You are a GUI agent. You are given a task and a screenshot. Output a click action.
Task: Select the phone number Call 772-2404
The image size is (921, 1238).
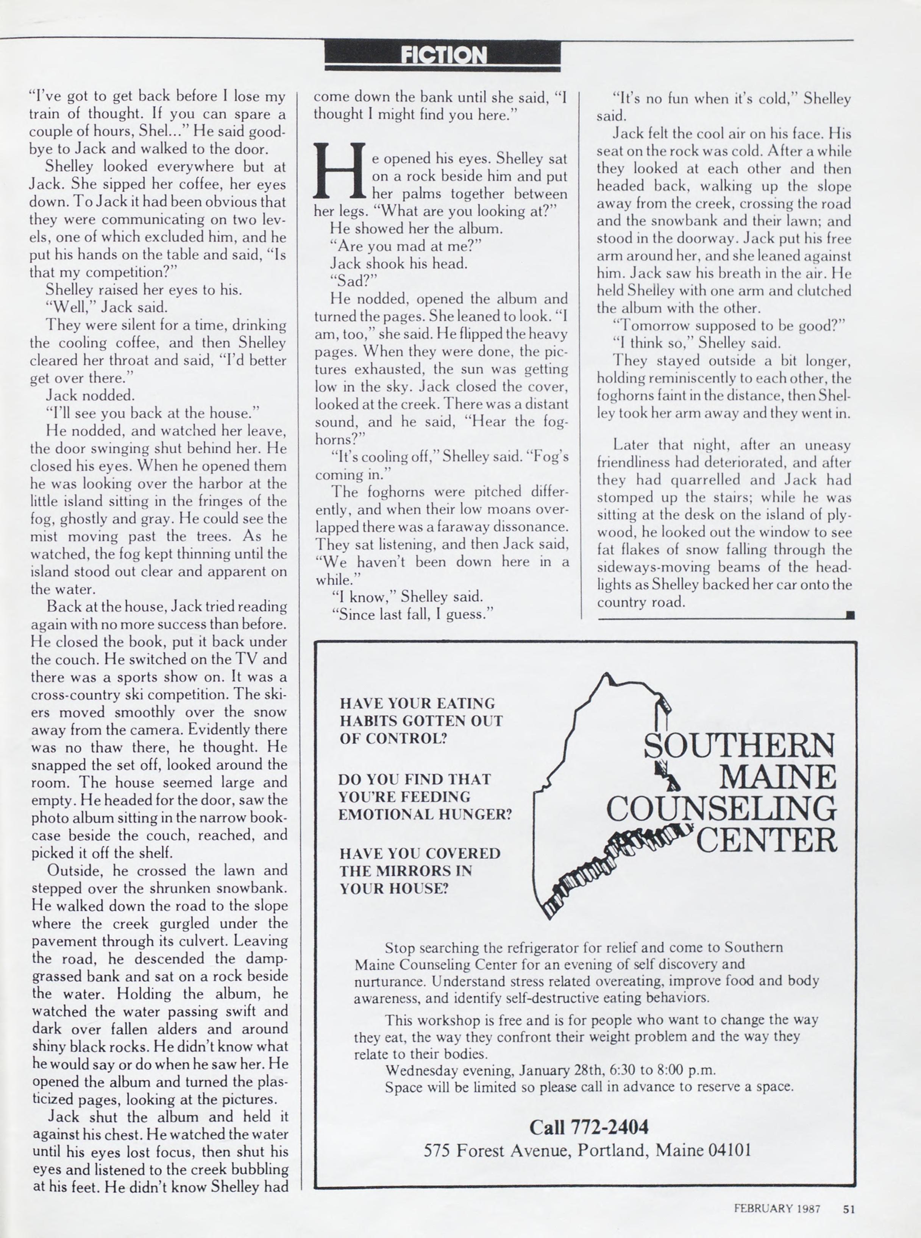click(589, 1127)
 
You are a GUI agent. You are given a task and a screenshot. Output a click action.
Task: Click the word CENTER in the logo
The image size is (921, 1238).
click(766, 840)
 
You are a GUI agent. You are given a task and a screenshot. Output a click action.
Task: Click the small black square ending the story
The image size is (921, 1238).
click(850, 615)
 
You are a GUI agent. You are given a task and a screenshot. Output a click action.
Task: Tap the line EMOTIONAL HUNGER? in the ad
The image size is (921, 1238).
click(425, 814)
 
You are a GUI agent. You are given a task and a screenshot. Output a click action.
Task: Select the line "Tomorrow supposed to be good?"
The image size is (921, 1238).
click(729, 325)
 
